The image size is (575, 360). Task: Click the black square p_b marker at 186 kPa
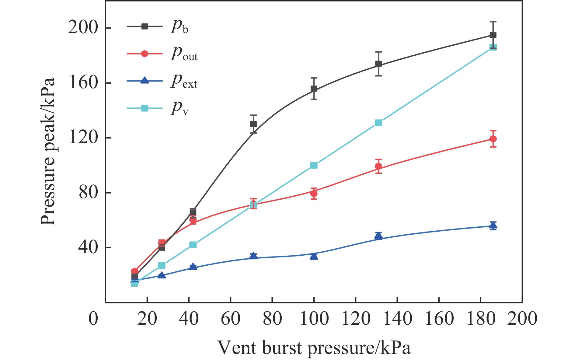493,35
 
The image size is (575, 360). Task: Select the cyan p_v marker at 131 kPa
378,123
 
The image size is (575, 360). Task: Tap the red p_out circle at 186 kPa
493,139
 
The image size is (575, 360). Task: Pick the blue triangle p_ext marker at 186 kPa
493,225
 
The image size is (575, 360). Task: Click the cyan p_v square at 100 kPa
314,165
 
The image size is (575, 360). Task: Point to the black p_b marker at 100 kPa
314,89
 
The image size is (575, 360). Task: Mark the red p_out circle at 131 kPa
378,166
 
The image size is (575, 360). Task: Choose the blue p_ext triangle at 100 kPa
314,257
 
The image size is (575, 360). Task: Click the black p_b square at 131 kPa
378,64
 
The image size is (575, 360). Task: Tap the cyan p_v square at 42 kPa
193,245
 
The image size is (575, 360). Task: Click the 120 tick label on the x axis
356,319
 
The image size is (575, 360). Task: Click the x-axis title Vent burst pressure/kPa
314,348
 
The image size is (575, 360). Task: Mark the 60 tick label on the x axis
231,319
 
